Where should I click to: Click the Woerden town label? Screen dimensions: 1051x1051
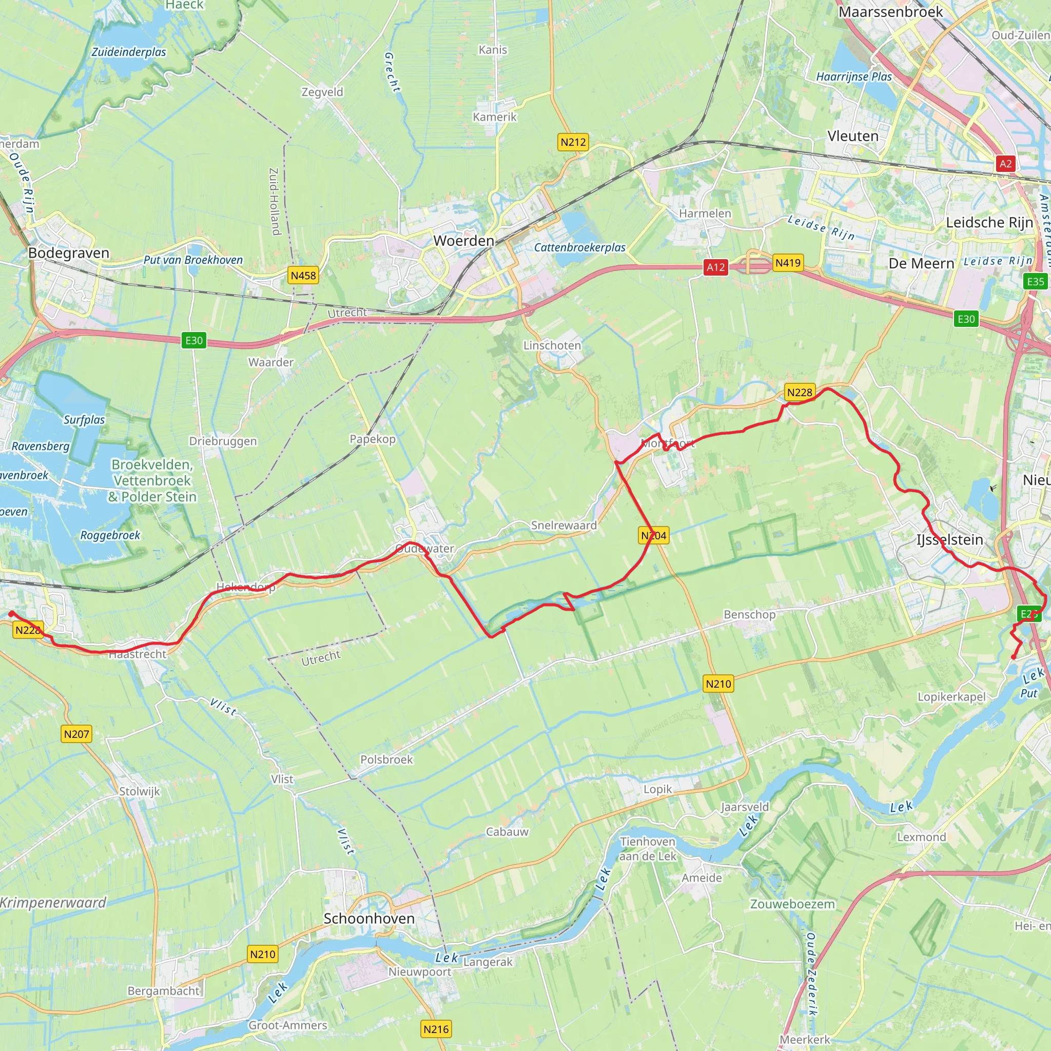pyautogui.click(x=463, y=241)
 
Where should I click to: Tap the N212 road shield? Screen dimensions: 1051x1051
pyautogui.click(x=573, y=142)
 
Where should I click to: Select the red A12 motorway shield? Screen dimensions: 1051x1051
pyautogui.click(x=715, y=267)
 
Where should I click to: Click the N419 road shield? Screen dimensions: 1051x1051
pyautogui.click(x=788, y=263)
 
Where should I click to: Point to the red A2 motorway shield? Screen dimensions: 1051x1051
pyautogui.click(x=1005, y=164)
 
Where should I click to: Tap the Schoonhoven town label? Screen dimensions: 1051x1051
pyautogui.click(x=369, y=918)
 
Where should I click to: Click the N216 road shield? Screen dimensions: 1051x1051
pyautogui.click(x=436, y=1029)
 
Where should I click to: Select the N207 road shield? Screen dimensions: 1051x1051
pyautogui.click(x=76, y=734)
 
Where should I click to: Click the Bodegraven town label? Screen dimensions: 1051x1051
pyautogui.click(x=69, y=253)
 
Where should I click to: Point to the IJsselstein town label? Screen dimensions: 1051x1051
pyautogui.click(x=949, y=540)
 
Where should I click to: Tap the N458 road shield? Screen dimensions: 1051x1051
pyautogui.click(x=303, y=275)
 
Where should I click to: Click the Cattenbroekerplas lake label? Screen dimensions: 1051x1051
pyautogui.click(x=579, y=247)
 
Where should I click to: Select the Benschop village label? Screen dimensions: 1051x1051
pyautogui.click(x=749, y=614)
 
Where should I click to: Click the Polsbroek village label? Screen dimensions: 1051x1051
pyautogui.click(x=386, y=760)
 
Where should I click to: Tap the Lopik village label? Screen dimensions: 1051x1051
pyautogui.click(x=657, y=789)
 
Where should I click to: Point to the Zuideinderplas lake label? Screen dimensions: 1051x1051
pyautogui.click(x=129, y=52)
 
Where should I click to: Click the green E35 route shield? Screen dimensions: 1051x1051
pyautogui.click(x=1035, y=281)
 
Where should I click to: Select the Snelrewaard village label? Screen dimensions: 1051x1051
pyautogui.click(x=563, y=525)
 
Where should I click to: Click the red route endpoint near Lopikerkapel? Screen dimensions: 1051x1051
pyautogui.click(x=1013, y=658)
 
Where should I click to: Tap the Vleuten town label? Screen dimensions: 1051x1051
pyautogui.click(x=852, y=136)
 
